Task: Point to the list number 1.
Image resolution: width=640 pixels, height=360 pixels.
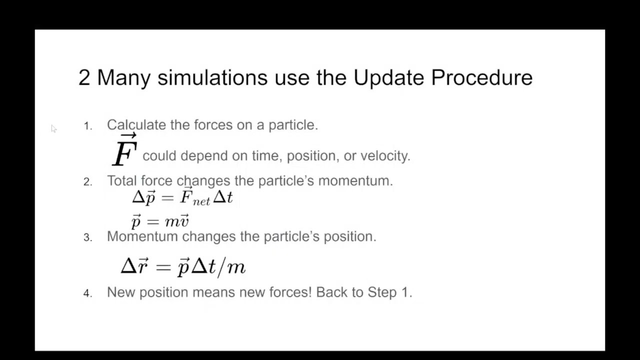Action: pos(87,126)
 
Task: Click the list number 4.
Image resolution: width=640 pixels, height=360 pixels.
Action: pos(87,293)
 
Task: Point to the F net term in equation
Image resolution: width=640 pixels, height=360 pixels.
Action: pos(194,197)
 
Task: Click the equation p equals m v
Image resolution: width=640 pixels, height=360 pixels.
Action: pos(160,220)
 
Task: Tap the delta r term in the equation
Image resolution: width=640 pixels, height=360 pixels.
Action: pos(134,266)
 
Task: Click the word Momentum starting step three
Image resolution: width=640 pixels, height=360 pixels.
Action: pos(142,236)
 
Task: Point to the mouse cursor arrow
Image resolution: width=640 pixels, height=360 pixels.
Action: pos(53,128)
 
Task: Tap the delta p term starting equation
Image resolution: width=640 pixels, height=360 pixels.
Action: pos(144,197)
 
